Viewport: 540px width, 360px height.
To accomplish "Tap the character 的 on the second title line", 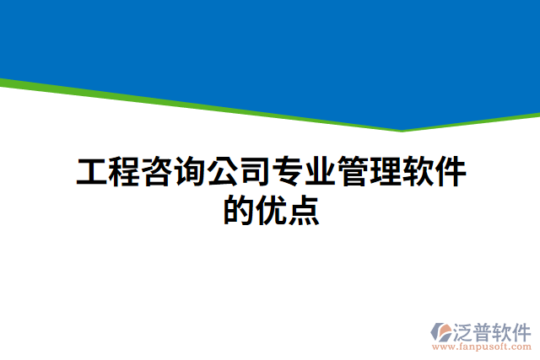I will click(x=239, y=209).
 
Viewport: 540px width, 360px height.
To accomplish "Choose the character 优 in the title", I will click(x=271, y=209).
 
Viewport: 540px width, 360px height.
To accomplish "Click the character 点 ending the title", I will click(x=304, y=209).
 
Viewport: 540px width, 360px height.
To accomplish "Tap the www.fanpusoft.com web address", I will click(x=481, y=347).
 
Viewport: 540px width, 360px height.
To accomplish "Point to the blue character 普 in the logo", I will click(x=483, y=330).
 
